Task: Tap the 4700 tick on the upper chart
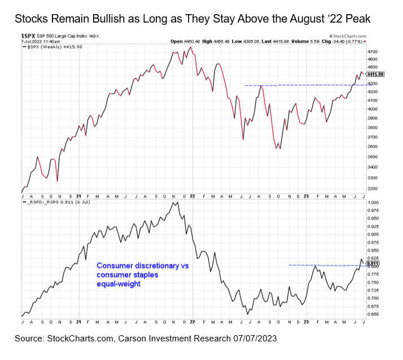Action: point(374,51)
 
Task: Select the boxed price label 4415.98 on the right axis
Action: point(375,74)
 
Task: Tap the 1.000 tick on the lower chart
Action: point(374,202)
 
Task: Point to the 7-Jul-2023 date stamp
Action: point(33,42)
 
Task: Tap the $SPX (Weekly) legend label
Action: point(50,47)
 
